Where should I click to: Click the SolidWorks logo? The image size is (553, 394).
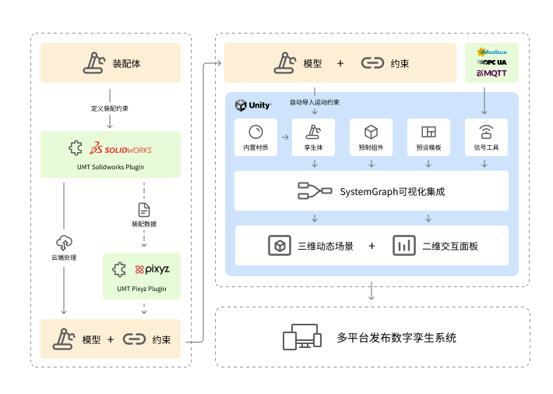click(121, 149)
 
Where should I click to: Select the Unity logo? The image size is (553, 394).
click(253, 105)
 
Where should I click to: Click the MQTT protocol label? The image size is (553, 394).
click(491, 74)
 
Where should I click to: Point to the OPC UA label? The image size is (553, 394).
click(491, 62)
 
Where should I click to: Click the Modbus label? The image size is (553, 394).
click(491, 51)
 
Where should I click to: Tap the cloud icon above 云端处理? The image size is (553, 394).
click(64, 243)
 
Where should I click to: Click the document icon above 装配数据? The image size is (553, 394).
click(144, 209)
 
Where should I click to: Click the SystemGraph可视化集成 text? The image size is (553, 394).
click(392, 191)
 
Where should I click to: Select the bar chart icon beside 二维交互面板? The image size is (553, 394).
click(403, 246)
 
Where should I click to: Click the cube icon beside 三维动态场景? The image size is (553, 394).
click(278, 246)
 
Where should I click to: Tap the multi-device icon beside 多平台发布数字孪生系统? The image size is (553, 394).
click(301, 338)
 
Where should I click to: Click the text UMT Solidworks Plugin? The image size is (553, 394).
click(110, 167)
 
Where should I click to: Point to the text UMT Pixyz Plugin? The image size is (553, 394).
click(142, 289)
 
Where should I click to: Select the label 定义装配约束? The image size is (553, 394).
click(110, 108)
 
